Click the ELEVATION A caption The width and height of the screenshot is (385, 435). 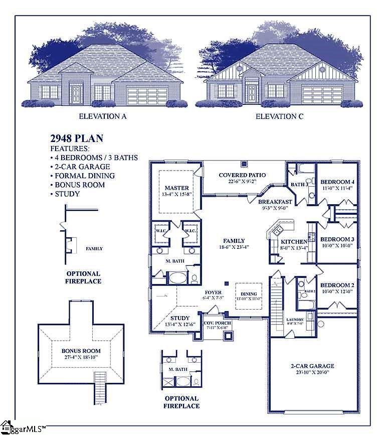(x=103, y=116)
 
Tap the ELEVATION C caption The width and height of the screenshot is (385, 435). (x=280, y=116)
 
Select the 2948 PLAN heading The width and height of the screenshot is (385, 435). (x=77, y=139)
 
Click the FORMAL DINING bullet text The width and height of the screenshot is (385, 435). (x=85, y=176)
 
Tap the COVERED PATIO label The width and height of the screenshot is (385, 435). (x=243, y=175)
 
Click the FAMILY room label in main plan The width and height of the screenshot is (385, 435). (x=234, y=240)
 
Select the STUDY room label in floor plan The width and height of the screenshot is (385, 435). (x=179, y=318)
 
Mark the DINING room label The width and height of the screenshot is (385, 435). (x=249, y=294)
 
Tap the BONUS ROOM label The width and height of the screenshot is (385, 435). (x=81, y=351)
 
